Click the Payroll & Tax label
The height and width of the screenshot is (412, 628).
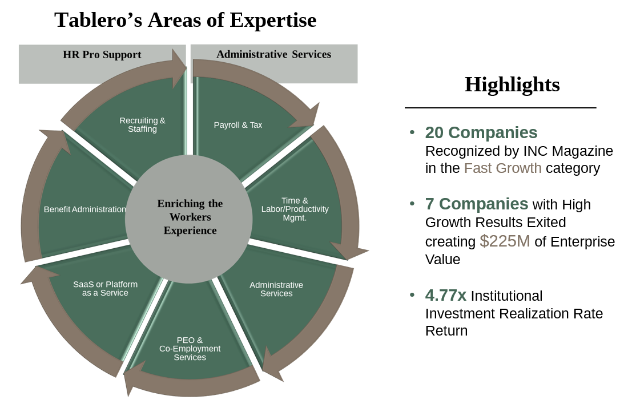238,125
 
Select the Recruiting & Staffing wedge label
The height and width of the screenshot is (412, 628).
142,125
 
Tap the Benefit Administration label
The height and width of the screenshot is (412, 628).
84,209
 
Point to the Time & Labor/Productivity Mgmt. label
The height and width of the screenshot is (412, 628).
295,209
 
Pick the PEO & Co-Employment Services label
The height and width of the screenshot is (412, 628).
190,349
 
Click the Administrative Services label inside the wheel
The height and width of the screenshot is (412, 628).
276,289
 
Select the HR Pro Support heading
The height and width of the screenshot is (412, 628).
102,55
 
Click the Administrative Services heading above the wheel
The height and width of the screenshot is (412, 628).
273,54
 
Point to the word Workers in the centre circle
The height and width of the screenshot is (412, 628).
190,217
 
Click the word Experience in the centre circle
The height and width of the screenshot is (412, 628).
190,231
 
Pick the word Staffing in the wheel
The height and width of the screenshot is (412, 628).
142,129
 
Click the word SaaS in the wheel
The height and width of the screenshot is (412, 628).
83,284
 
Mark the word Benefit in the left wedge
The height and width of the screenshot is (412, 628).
57,209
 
